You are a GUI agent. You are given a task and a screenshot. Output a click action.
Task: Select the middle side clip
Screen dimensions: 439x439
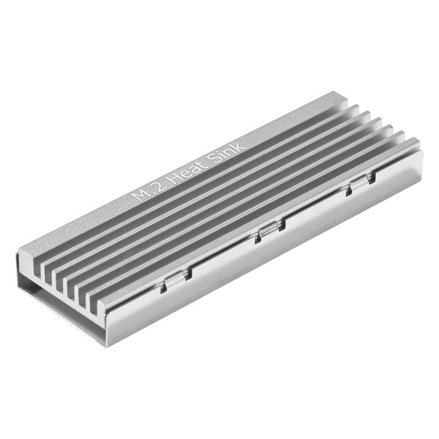click(270, 231)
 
